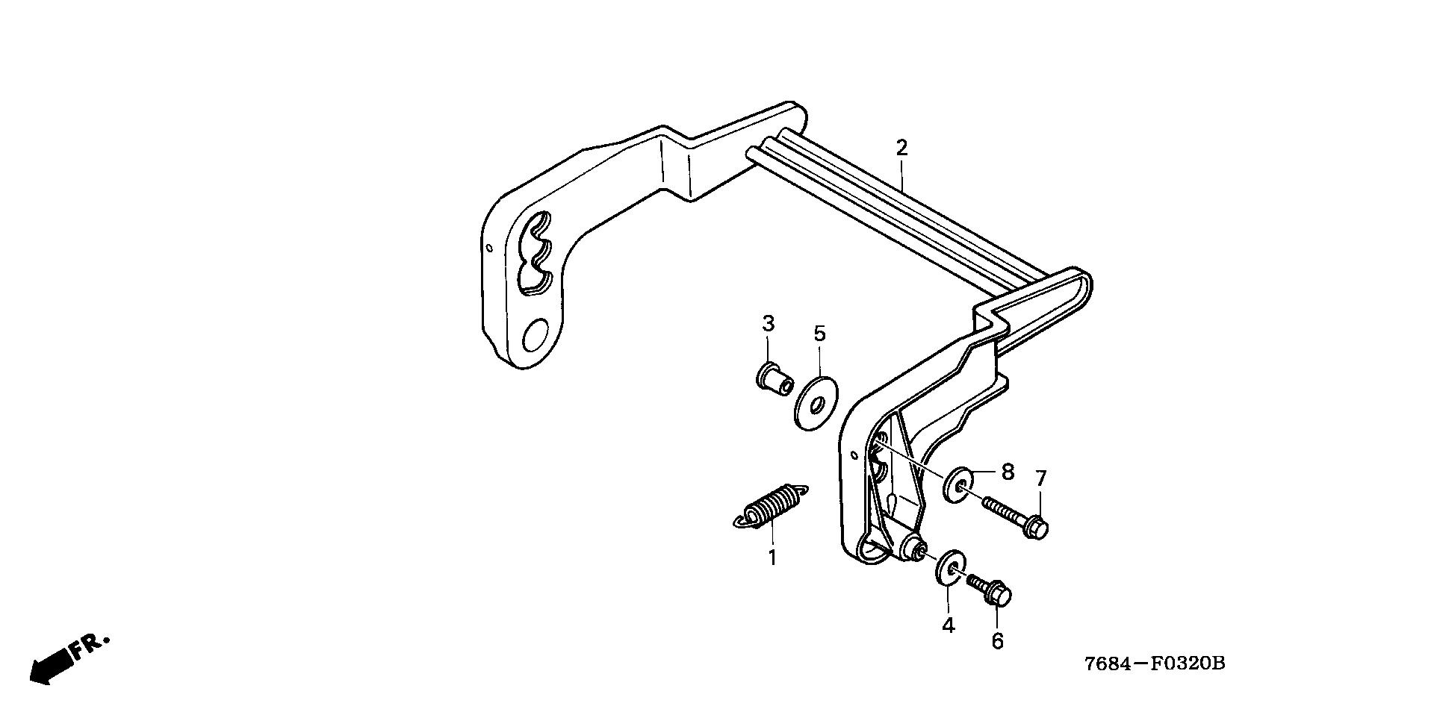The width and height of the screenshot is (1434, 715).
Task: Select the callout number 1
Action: click(x=772, y=557)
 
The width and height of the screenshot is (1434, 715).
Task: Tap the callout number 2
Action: click(x=901, y=148)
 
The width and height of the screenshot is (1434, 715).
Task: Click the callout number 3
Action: click(x=768, y=324)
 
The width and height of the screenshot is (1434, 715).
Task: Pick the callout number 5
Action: click(x=820, y=334)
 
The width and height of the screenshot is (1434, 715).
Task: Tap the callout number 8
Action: click(x=1008, y=472)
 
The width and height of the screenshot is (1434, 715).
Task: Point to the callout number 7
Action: click(x=1040, y=478)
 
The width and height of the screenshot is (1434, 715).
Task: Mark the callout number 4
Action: click(x=948, y=625)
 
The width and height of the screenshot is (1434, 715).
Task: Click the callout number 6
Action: click(x=997, y=641)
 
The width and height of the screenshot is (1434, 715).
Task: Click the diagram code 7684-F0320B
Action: click(x=1155, y=664)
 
